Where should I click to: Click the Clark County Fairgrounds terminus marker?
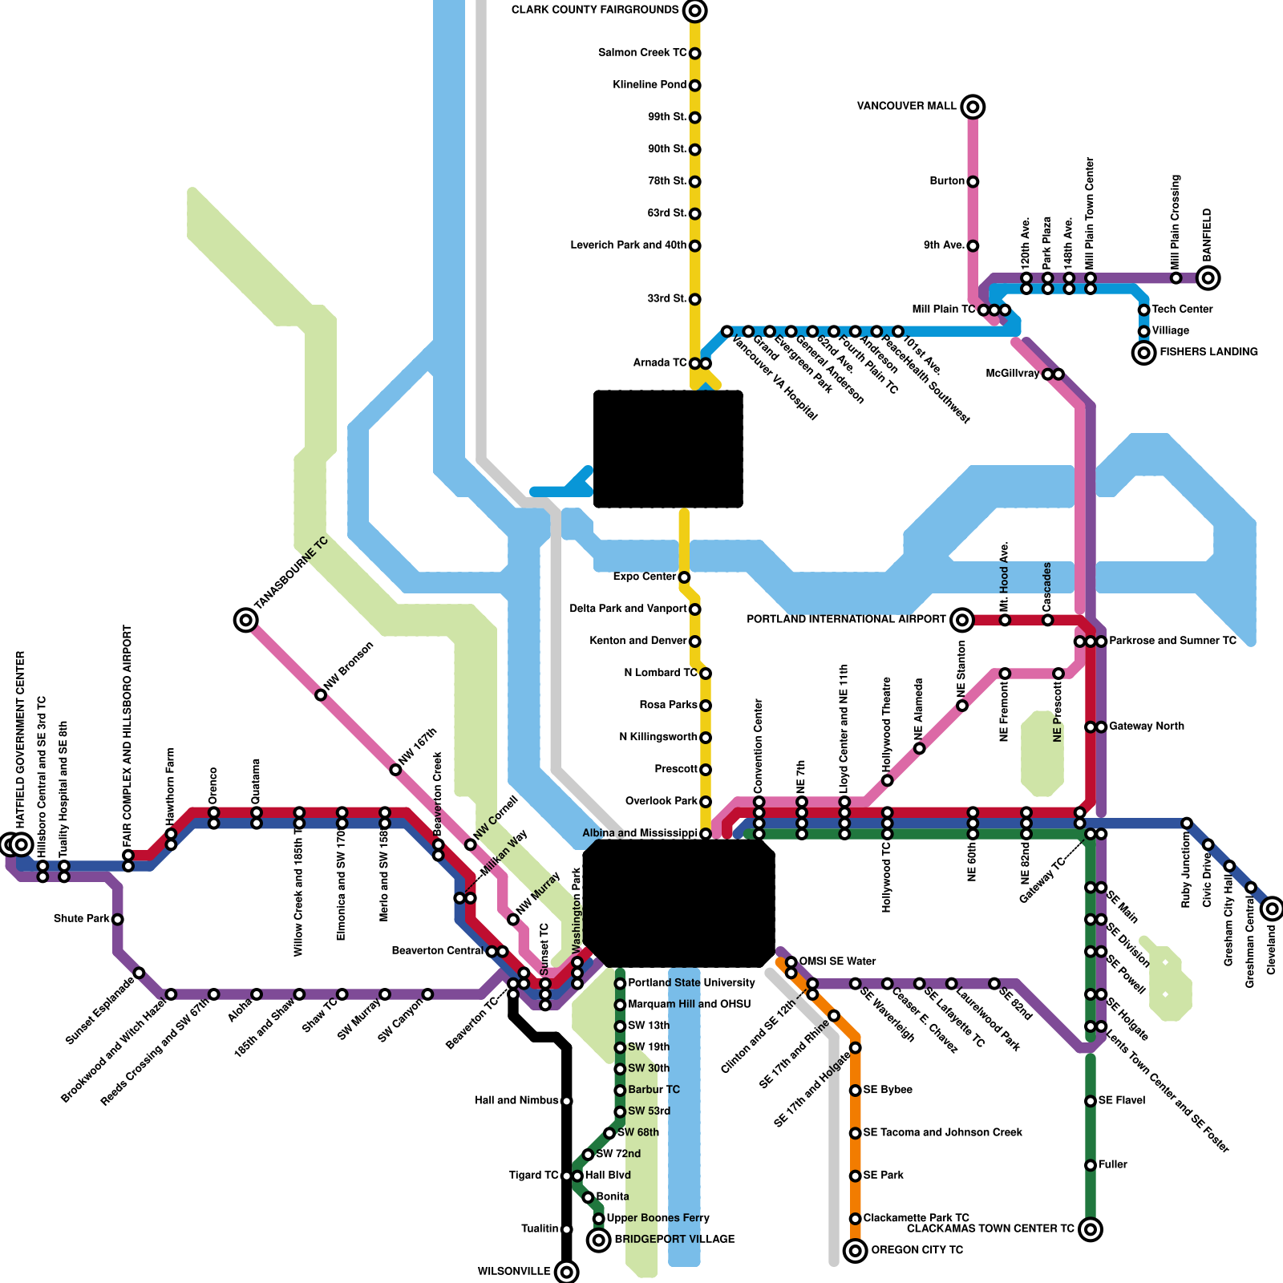click(x=695, y=10)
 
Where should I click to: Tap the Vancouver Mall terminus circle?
click(x=973, y=107)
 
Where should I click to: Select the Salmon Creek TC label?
click(x=641, y=53)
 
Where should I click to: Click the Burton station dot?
click(x=973, y=181)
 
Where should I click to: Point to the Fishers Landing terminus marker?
click(x=1143, y=352)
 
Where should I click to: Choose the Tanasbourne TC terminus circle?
click(x=246, y=620)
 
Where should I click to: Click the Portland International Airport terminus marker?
click(x=962, y=620)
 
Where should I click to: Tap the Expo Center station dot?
click(x=684, y=577)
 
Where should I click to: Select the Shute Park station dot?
click(x=118, y=919)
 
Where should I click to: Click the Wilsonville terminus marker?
click(x=567, y=1272)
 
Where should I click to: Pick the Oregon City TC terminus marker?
click(x=856, y=1250)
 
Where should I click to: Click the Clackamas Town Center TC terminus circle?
click(x=1091, y=1228)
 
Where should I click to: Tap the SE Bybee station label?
click(x=888, y=1091)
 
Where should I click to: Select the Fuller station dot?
click(x=1091, y=1165)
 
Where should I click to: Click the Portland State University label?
click(x=691, y=983)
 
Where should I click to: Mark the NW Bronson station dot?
click(x=321, y=694)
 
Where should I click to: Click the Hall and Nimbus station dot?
click(x=567, y=1101)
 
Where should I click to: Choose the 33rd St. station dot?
click(x=695, y=299)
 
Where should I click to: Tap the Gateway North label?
click(x=1146, y=726)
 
